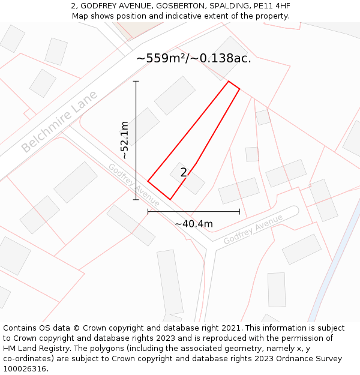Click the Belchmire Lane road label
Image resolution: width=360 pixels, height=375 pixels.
(x=59, y=122)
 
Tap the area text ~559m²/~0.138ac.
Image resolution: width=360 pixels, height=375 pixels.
(x=193, y=58)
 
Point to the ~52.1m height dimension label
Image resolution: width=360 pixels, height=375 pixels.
(x=124, y=140)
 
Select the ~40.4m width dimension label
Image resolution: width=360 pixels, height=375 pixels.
(x=193, y=224)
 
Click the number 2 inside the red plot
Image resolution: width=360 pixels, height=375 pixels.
(x=184, y=173)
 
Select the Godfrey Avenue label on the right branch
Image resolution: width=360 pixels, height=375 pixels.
(x=253, y=229)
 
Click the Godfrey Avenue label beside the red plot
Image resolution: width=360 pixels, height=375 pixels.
(x=134, y=185)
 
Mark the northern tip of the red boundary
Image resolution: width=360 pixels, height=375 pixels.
(x=229, y=81)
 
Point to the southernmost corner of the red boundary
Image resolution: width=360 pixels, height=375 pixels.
(x=170, y=199)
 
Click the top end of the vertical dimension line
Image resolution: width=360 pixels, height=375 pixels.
(x=136, y=81)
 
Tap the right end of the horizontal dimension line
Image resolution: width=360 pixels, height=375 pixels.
(x=239, y=211)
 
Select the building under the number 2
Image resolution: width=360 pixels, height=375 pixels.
(x=188, y=179)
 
